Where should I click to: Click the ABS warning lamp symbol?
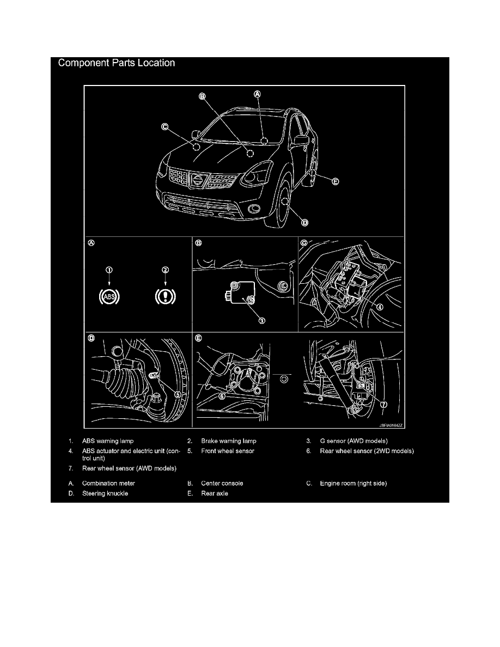tap(109, 297)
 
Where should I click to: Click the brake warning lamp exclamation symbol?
tap(166, 297)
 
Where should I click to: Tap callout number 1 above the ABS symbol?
tap(109, 270)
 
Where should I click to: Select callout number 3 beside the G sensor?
tap(261, 321)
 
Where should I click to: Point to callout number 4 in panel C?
tap(379, 307)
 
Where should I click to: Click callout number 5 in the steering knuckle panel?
tap(178, 394)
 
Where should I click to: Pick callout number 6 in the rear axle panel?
tap(222, 396)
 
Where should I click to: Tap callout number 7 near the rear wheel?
tap(383, 404)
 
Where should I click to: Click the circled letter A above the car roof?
tap(257, 94)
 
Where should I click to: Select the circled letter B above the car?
tap(202, 96)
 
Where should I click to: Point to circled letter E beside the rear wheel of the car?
tap(336, 181)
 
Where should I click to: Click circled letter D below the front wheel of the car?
tap(304, 223)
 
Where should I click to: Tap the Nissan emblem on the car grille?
tap(198, 180)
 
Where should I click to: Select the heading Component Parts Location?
tap(117, 63)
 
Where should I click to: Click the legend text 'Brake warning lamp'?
tap(229, 441)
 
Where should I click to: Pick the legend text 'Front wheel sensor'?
tap(228, 451)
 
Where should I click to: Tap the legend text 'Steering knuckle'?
tap(105, 493)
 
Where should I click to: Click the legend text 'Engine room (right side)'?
tap(353, 484)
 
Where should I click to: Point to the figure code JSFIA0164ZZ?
tap(391, 425)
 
